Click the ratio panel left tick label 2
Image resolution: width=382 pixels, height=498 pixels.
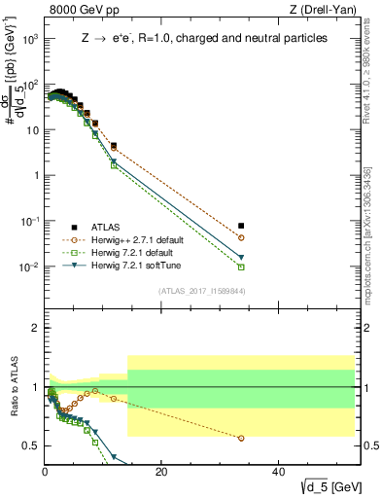click(x=36, y=328)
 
